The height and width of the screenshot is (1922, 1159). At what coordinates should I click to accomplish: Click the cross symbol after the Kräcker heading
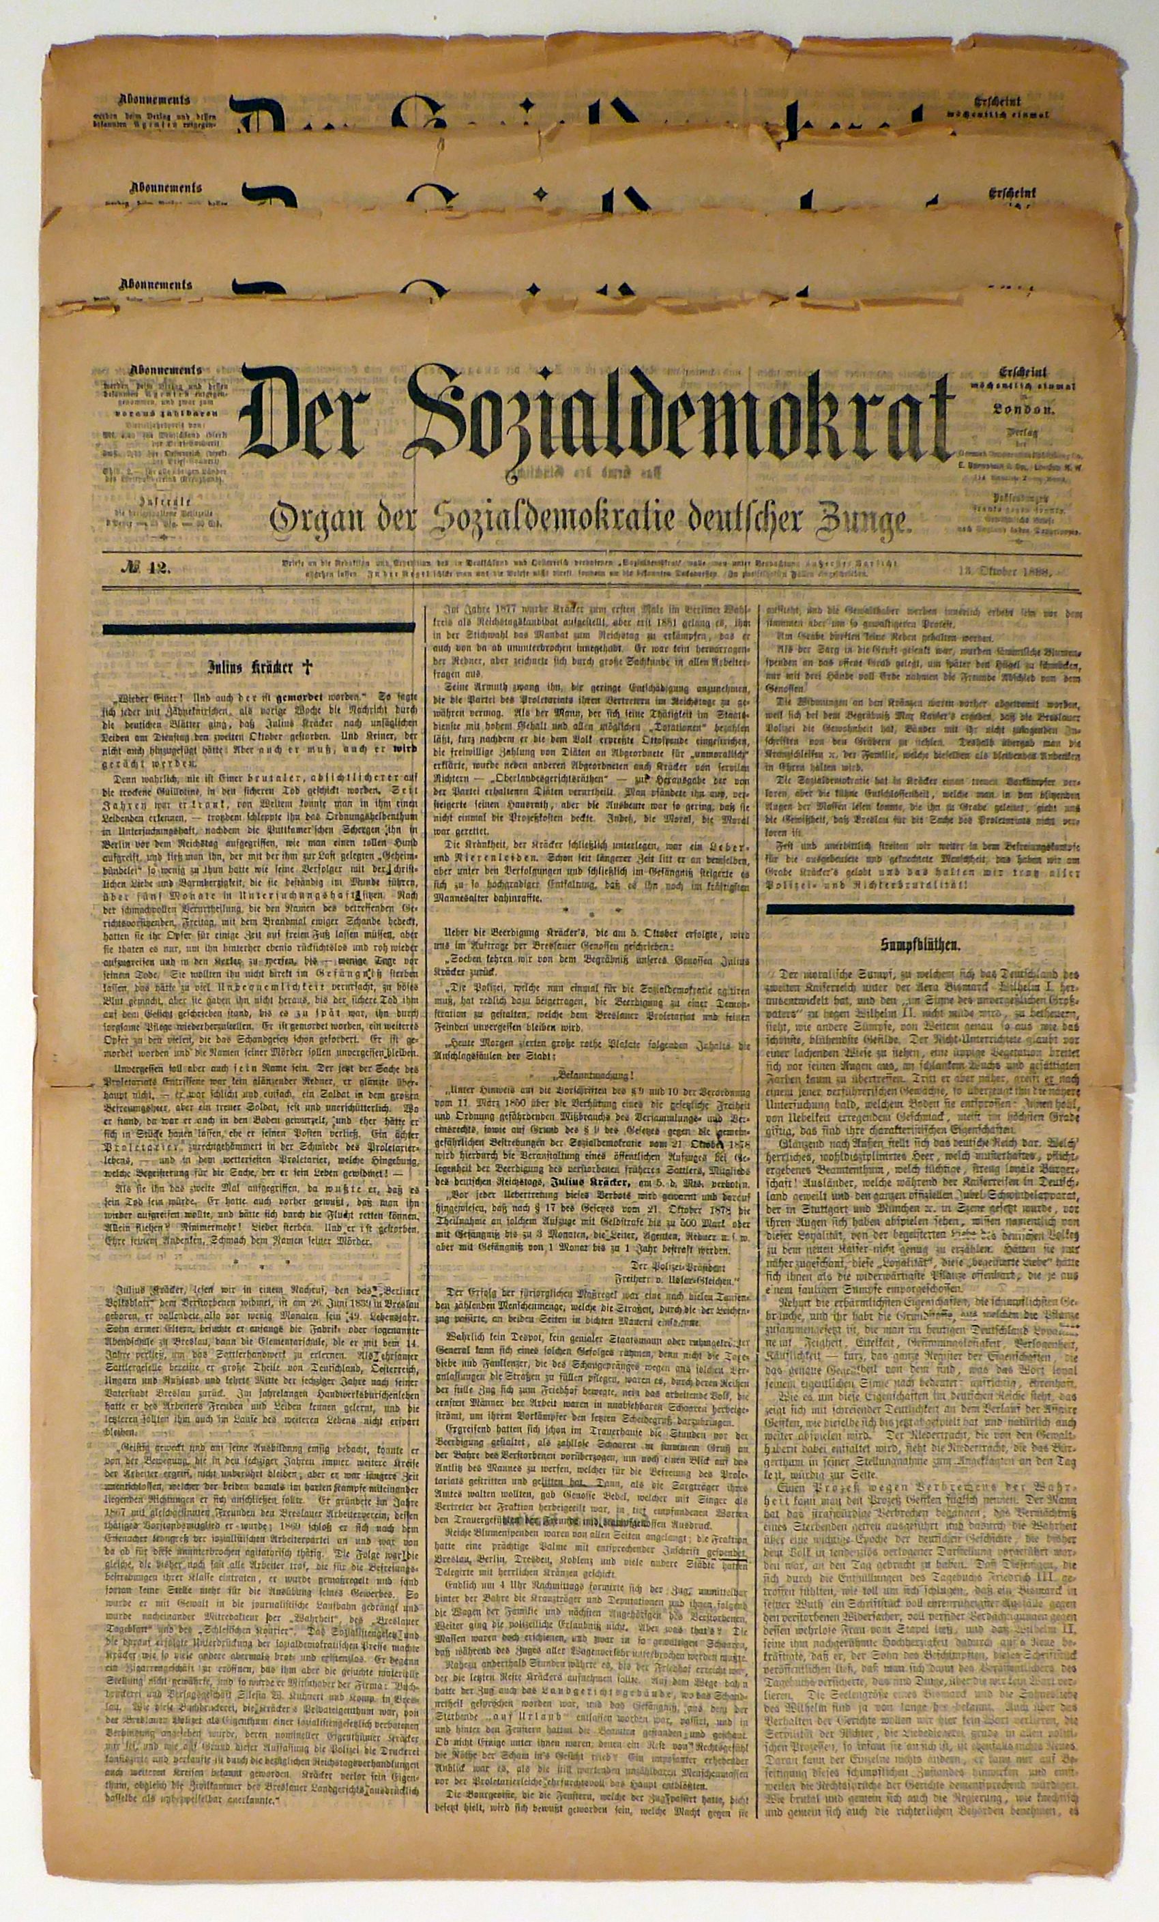307,667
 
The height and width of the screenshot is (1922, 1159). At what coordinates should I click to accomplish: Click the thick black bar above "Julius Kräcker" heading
258,627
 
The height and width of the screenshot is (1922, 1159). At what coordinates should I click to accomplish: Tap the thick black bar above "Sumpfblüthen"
920,909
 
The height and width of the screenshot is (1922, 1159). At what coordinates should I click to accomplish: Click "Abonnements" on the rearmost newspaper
153,100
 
